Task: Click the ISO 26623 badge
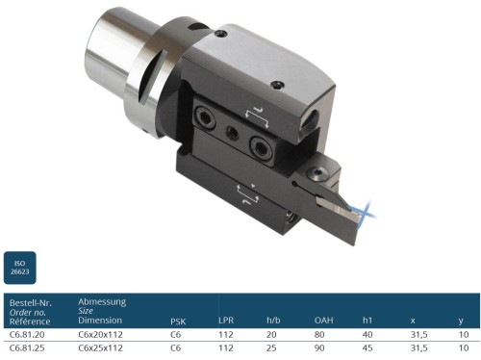pyautogui.click(x=20, y=268)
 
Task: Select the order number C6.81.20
pyautogui.click(x=27, y=334)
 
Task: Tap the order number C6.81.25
pyautogui.click(x=27, y=347)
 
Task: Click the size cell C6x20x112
pyautogui.click(x=100, y=334)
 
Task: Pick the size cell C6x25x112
pyautogui.click(x=100, y=347)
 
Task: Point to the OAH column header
pyautogui.click(x=324, y=321)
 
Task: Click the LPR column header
pyautogui.click(x=226, y=321)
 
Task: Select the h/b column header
pyautogui.click(x=273, y=321)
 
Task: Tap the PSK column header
pyautogui.click(x=178, y=321)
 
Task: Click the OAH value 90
pyautogui.click(x=319, y=347)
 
